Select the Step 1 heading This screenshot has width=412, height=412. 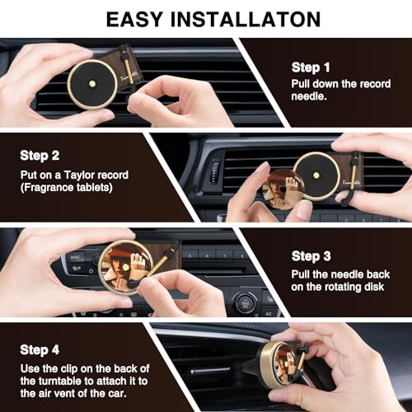click(x=311, y=68)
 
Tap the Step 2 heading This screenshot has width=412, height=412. click(x=40, y=155)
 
